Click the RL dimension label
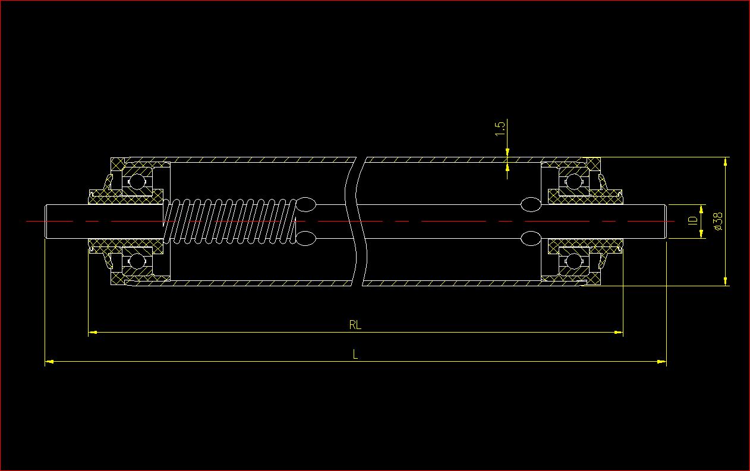pos(355,325)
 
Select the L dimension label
pos(355,355)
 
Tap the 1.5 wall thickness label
pos(500,128)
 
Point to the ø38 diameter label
pos(717,221)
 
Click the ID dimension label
pos(692,221)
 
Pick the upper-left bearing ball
pos(137,181)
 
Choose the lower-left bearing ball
pos(137,261)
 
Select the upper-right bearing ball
pos(573,181)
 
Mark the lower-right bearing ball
pos(573,261)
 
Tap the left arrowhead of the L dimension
pos(49,361)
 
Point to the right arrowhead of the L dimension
pos(661,361)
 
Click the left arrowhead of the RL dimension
pos(92,333)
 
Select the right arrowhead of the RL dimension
pos(619,333)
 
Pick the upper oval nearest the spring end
pos(306,205)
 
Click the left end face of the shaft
pos(46,222)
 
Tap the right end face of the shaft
pos(667,222)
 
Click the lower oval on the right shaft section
pos(530,238)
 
